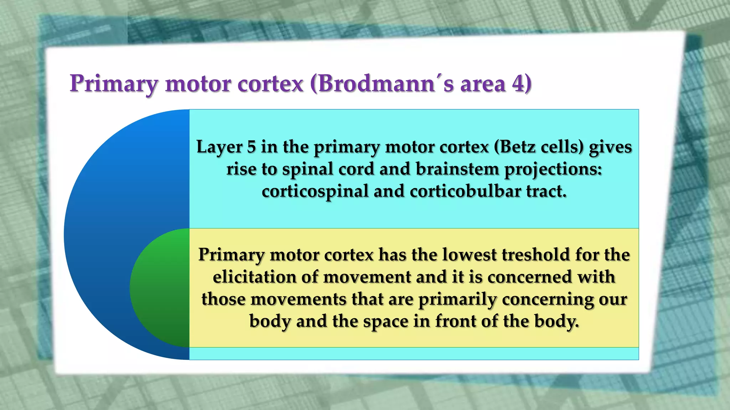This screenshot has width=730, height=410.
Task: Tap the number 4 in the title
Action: click(x=519, y=84)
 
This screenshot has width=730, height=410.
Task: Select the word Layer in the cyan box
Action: click(x=219, y=147)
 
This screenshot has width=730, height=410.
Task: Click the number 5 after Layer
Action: click(x=252, y=147)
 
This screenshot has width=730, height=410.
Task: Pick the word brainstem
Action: click(x=457, y=169)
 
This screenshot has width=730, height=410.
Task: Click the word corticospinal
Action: click(x=315, y=191)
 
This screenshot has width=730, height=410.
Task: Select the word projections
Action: click(x=553, y=169)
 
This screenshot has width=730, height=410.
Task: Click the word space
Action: click(x=386, y=322)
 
